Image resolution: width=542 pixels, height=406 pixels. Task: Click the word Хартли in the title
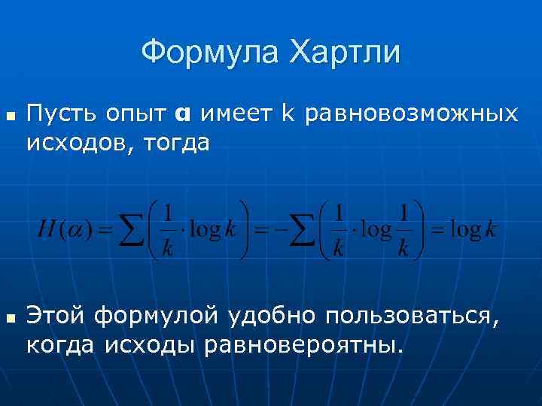(346, 53)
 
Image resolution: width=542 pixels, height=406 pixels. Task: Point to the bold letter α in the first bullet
(183, 114)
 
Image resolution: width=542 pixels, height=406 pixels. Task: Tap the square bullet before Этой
(10, 320)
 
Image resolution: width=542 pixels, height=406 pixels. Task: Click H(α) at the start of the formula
(61, 230)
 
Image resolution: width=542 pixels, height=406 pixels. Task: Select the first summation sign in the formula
(132, 230)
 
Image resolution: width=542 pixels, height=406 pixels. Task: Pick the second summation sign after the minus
(303, 230)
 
